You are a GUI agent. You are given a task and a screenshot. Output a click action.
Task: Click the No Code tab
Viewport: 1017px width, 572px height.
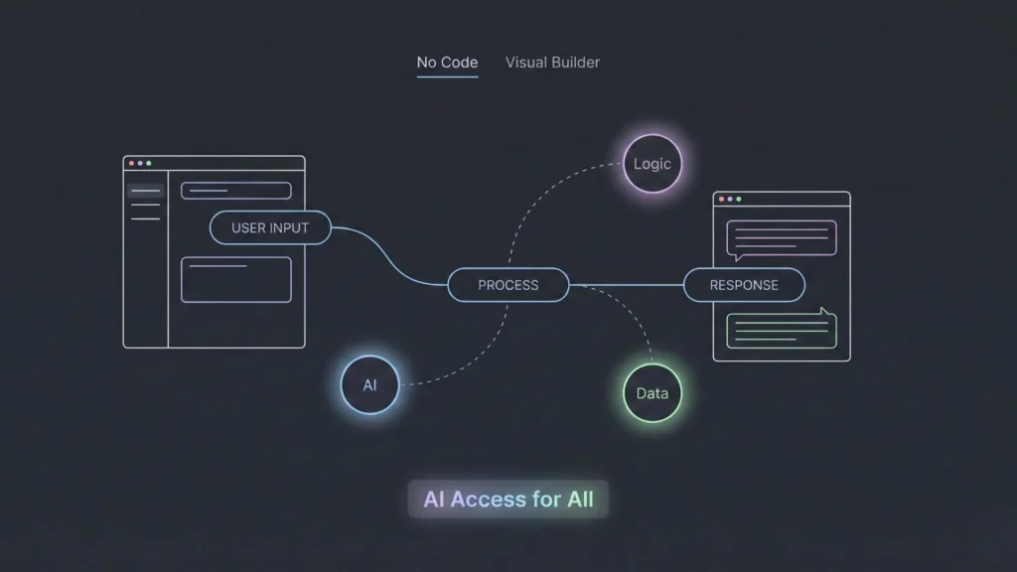pos(447,63)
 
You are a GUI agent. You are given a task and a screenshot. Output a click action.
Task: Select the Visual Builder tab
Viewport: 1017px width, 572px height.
pos(552,63)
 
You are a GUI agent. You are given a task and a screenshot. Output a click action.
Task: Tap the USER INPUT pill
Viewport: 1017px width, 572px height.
pos(270,227)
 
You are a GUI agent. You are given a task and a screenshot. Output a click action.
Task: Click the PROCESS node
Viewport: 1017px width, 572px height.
pos(508,285)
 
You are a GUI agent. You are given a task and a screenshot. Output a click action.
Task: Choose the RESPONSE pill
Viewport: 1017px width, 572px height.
pos(744,285)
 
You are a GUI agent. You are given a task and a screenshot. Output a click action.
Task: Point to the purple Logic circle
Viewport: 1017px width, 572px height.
pos(653,164)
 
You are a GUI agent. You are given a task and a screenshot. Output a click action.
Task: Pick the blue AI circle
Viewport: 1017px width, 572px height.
pos(369,385)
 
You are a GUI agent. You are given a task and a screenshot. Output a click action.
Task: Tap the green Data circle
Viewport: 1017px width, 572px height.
pos(653,393)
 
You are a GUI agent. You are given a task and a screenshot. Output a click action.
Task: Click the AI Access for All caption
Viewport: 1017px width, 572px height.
pos(508,500)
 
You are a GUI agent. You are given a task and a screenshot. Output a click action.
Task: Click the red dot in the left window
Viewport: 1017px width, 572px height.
pos(131,163)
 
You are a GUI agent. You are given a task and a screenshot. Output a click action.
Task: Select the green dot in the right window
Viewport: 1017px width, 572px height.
pos(739,199)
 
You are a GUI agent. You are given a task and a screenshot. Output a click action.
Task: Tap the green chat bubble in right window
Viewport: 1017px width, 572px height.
pos(781,331)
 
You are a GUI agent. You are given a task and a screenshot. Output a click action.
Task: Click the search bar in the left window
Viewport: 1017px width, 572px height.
pos(236,191)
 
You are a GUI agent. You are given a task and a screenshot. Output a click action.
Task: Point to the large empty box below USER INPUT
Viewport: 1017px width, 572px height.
pos(236,279)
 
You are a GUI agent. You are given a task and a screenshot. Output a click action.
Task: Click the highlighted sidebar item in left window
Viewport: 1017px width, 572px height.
pos(146,191)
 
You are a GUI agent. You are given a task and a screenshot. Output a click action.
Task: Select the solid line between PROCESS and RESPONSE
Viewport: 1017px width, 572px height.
pos(626,285)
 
